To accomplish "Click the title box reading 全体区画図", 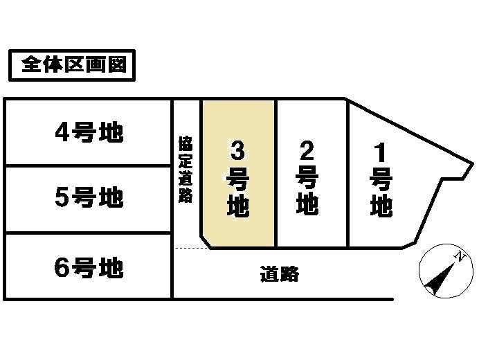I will (70, 66).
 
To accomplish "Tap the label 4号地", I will (89, 132).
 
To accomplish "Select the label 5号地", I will (89, 199).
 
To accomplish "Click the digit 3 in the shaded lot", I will (237, 150).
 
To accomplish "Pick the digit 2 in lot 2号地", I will (307, 150).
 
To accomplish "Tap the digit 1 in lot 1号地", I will (381, 150).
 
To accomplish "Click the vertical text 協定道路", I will (185, 170).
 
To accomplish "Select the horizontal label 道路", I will (280, 274).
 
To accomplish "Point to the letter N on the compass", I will (458, 257).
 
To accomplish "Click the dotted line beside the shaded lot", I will (190, 248).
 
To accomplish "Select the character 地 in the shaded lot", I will (237, 207).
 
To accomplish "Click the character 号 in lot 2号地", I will (307, 178).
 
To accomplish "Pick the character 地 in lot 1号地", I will (381, 206).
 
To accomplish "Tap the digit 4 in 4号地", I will (62, 132).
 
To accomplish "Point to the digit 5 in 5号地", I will (62, 199).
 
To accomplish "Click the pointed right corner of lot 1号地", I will (473, 165).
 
